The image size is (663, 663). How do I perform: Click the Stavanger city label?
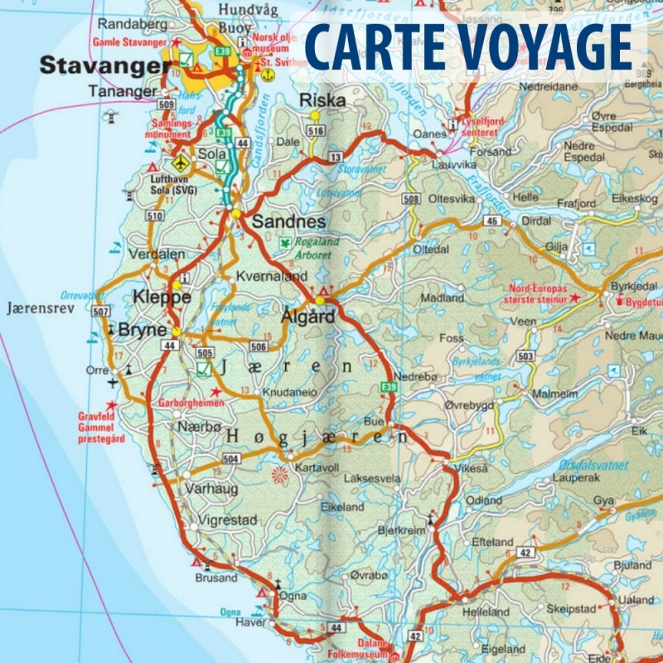point(99,65)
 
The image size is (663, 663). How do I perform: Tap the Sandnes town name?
point(288,221)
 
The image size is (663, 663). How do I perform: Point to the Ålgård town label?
point(307,316)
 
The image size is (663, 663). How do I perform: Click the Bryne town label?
point(143,329)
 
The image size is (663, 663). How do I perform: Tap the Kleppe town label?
point(162,297)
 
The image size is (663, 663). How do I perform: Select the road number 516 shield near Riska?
point(314,131)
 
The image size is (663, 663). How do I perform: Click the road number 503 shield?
point(525,356)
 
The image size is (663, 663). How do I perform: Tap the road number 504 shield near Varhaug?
point(231,458)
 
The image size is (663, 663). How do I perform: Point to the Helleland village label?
point(487,612)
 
